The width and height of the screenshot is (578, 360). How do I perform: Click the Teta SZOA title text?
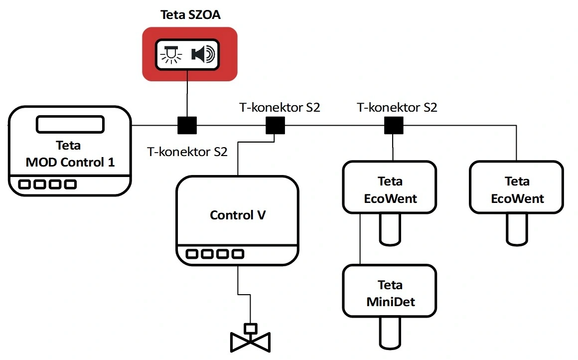(189, 14)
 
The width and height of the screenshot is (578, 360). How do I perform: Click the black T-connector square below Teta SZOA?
(187, 126)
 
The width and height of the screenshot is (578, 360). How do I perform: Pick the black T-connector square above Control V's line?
(275, 126)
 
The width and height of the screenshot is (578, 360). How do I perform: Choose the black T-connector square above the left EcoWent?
(393, 126)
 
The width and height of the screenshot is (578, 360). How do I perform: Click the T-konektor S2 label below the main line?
(187, 152)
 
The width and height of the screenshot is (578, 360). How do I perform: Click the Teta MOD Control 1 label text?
(70, 154)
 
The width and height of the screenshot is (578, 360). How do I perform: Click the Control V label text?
(238, 215)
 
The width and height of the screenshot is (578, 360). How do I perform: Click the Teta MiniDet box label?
(390, 293)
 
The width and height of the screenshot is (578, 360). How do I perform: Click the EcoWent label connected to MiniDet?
(390, 190)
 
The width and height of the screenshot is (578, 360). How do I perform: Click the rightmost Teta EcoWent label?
(517, 190)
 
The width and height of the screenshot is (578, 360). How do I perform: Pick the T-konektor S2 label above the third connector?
(397, 107)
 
